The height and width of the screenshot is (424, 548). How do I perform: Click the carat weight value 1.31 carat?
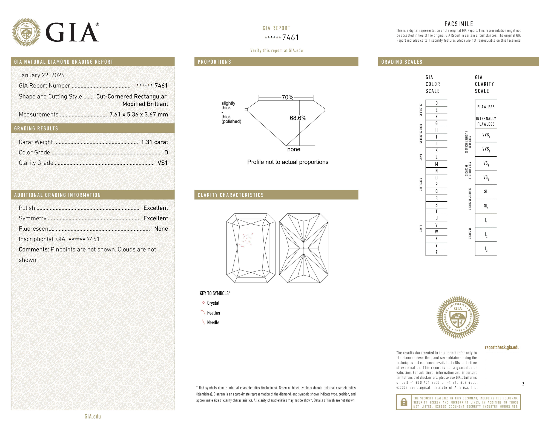(154, 142)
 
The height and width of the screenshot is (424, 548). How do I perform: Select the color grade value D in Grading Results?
(166, 152)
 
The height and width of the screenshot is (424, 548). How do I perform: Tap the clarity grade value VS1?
(162, 163)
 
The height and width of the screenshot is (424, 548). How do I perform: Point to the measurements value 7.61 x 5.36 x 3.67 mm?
(139, 114)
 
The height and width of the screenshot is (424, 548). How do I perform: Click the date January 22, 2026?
(42, 75)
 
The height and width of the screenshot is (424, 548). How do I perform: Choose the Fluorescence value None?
(161, 229)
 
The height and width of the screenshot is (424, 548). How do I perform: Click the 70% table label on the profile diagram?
(288, 97)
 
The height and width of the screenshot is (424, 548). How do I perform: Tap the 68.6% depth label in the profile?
(298, 118)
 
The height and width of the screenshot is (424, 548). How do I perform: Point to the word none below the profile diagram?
(294, 149)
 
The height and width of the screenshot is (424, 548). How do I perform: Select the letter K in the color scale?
(437, 151)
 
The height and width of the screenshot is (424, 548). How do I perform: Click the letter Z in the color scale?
(437, 252)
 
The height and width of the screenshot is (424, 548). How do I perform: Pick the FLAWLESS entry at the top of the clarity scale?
(486, 107)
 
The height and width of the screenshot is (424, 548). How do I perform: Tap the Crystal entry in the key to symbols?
(213, 303)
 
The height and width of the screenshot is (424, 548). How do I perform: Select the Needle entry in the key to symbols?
(213, 323)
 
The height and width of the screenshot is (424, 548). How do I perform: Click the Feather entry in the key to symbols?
(214, 313)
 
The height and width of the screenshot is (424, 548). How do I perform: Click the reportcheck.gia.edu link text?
(502, 347)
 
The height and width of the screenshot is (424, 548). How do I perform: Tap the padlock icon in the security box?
(404, 402)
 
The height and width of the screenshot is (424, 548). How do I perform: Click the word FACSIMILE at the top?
(459, 24)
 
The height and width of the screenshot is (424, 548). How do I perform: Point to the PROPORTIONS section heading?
(214, 62)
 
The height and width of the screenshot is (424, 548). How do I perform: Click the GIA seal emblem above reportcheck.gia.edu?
(458, 317)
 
